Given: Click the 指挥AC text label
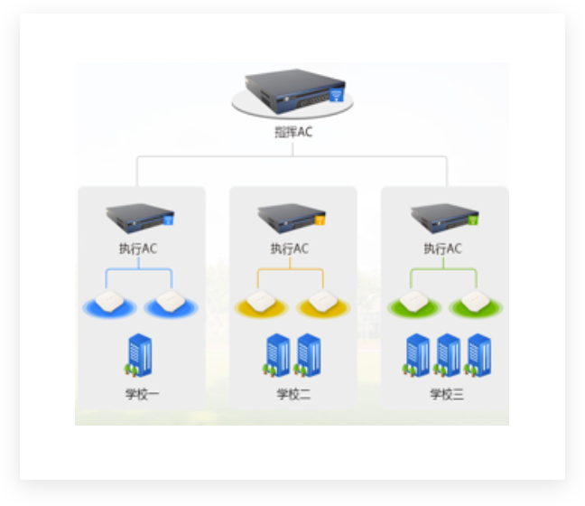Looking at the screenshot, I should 293,132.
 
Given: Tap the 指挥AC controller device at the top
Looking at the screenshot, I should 293,93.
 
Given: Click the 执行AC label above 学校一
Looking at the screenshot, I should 141,248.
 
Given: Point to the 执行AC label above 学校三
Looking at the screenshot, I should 444,248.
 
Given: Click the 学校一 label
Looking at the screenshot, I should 142,394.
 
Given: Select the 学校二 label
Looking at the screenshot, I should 293,394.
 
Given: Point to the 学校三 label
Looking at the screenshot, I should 446,394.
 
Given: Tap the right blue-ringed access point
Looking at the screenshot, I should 169,303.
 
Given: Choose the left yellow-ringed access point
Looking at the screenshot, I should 261,303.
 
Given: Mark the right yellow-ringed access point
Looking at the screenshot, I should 321,303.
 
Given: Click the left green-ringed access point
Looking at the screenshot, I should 413,303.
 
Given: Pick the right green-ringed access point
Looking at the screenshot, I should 474,303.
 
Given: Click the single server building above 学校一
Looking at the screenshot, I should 140,355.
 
